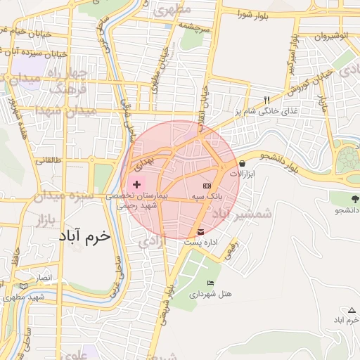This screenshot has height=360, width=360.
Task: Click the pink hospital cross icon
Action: [x=136, y=184]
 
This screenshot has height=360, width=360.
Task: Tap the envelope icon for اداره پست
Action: [x=202, y=231]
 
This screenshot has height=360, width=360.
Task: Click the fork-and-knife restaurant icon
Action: [x=266, y=99]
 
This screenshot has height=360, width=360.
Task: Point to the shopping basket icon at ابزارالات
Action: [x=242, y=163]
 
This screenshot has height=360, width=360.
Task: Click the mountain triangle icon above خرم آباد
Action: [x=352, y=310]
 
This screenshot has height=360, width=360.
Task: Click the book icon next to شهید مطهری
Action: [x=24, y=286]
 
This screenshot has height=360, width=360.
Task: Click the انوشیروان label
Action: [x=331, y=35]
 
